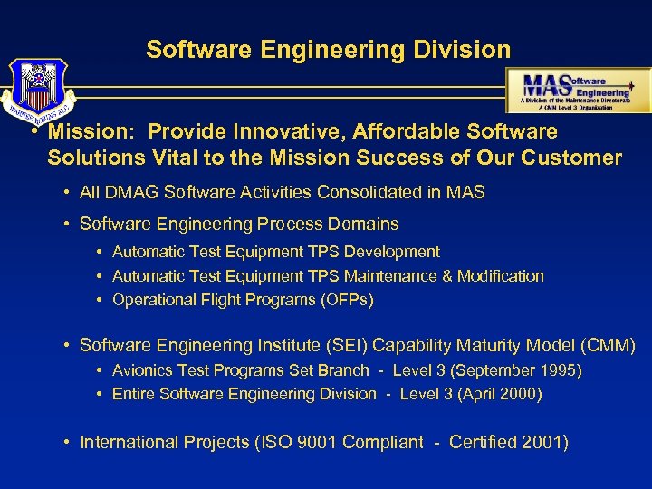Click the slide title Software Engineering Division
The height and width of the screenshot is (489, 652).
point(328,49)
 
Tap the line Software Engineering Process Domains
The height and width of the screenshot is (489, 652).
point(239,223)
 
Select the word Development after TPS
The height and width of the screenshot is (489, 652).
point(393,252)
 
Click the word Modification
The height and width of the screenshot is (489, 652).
point(500,275)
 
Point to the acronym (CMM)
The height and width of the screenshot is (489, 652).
point(606,345)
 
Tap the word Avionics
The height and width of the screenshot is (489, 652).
point(142,369)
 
